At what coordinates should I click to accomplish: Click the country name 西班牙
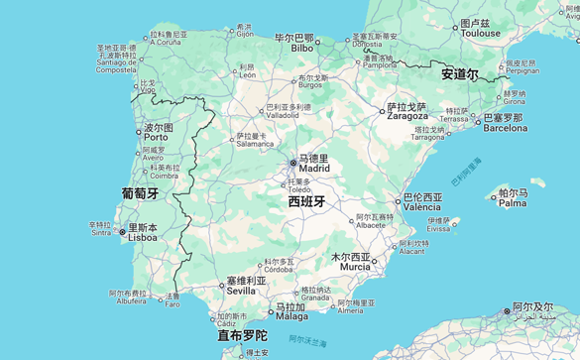click(x=306, y=201)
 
